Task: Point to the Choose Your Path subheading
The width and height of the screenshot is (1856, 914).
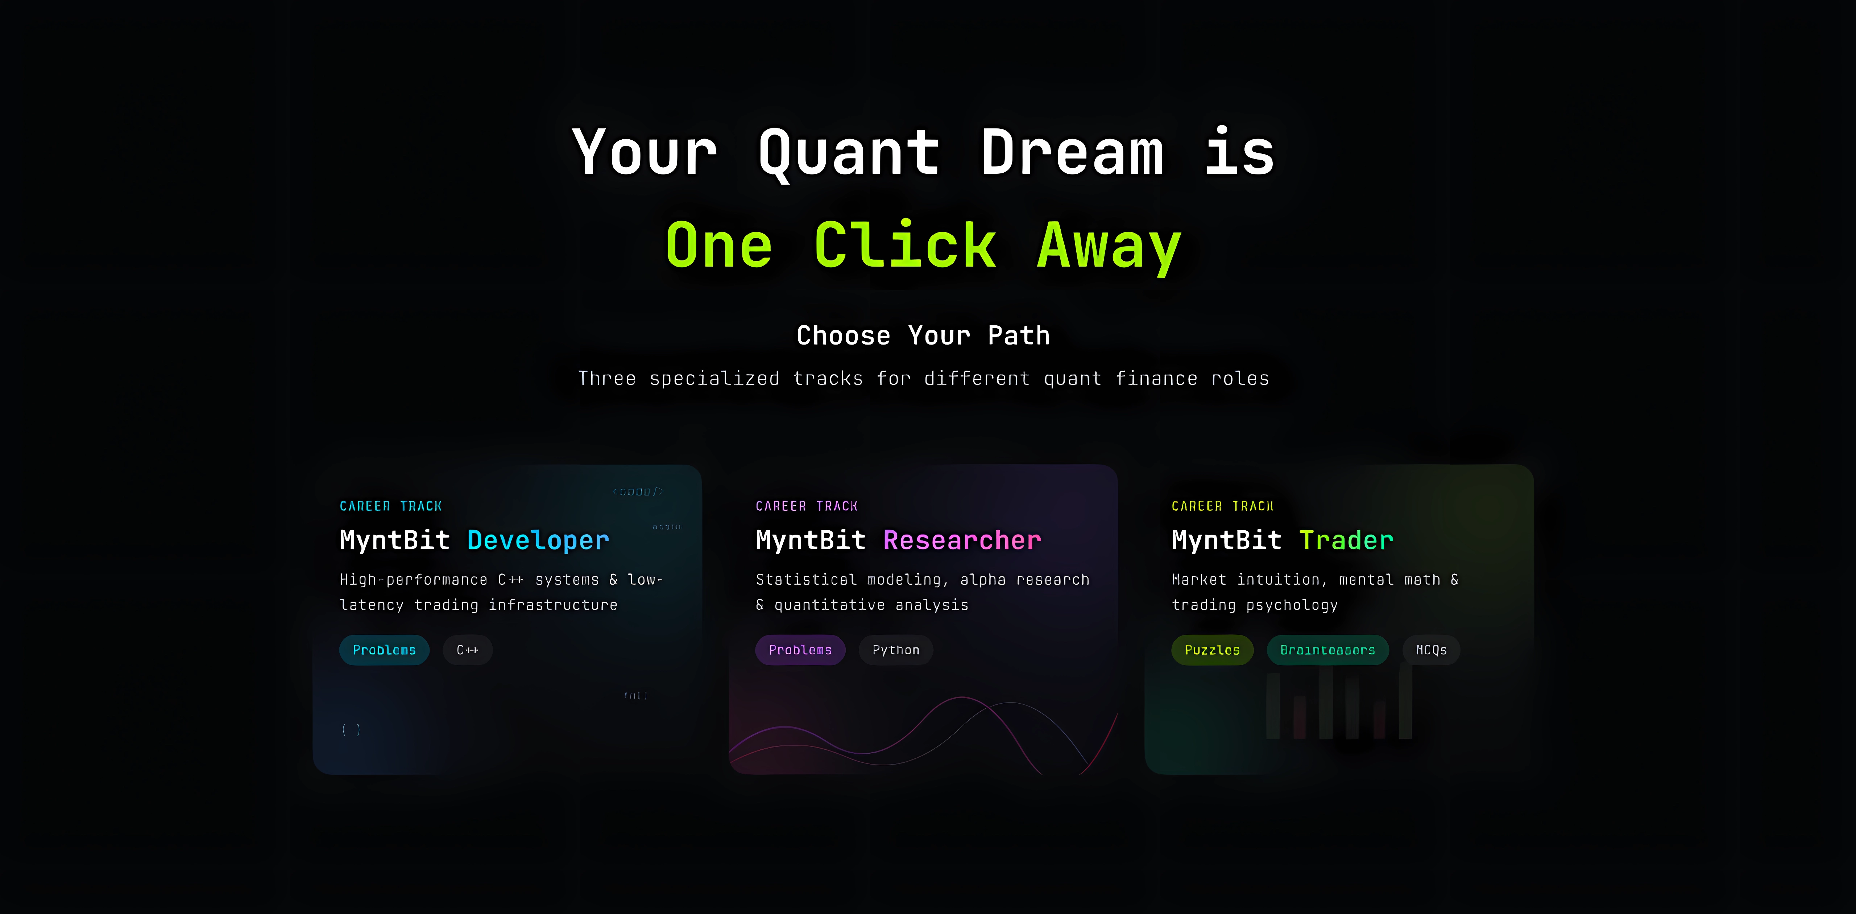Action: (923, 335)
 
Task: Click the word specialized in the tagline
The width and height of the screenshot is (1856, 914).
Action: (714, 378)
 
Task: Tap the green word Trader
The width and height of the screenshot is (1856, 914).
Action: (1346, 540)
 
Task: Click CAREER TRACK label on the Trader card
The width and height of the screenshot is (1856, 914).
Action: (1222, 506)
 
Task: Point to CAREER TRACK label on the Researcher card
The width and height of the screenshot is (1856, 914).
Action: (806, 506)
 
